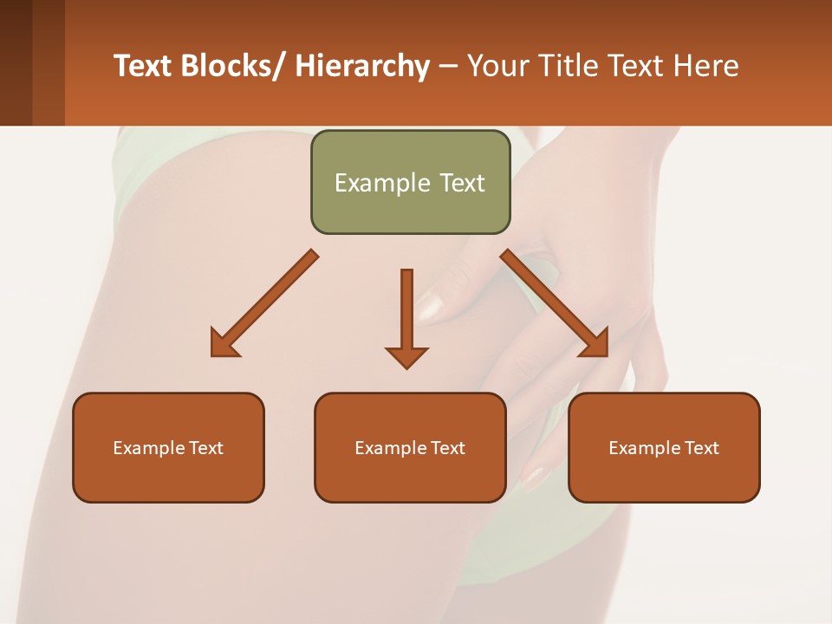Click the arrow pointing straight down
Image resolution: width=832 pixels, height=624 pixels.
406,316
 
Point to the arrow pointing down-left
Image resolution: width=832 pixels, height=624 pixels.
264,303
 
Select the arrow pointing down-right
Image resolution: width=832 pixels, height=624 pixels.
555,303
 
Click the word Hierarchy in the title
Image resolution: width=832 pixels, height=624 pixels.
362,66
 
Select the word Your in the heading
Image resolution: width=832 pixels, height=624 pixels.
497,66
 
